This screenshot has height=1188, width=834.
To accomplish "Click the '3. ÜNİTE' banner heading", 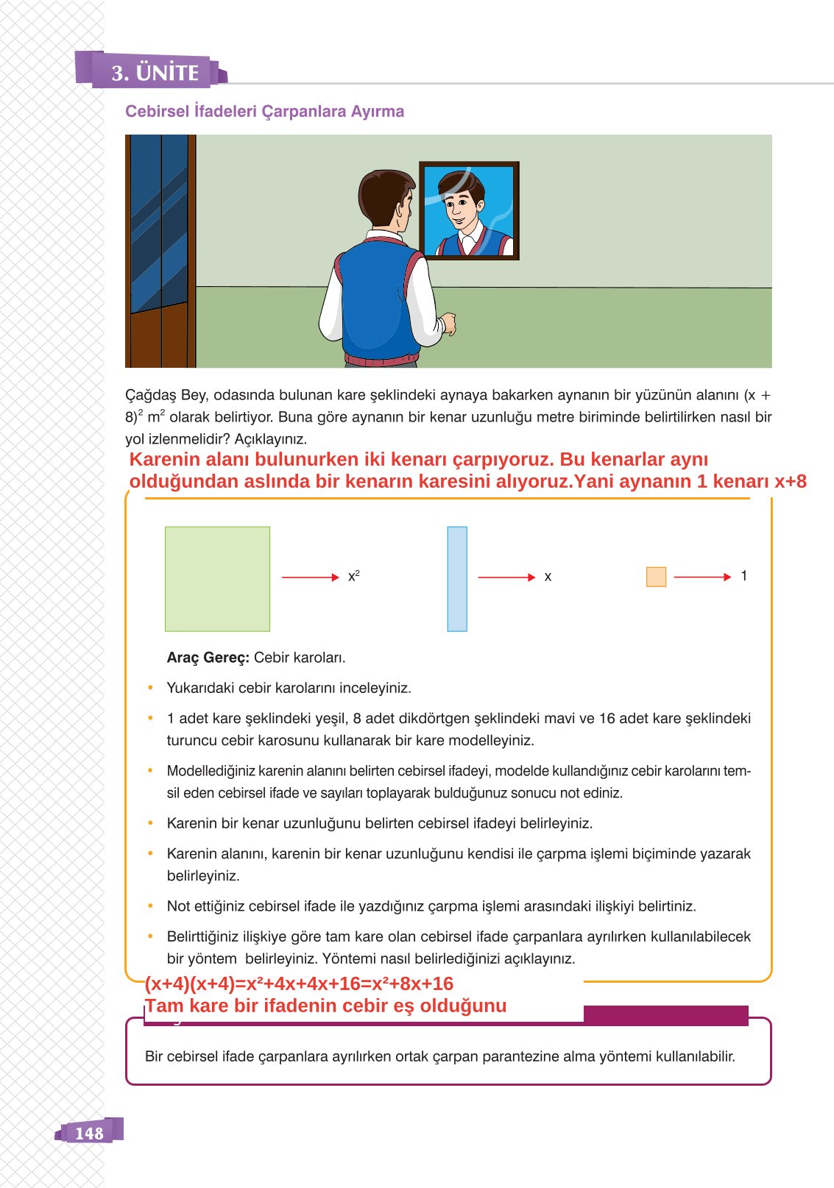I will coord(155,73).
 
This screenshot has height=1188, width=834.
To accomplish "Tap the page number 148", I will coord(89,1133).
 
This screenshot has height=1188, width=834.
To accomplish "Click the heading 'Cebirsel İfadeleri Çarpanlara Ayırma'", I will coord(264,112).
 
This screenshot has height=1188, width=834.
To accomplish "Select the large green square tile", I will coord(217,579).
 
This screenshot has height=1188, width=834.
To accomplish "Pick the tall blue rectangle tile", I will coord(457,579).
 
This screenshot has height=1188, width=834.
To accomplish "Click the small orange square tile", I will coord(656,577).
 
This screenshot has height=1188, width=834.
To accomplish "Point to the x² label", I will coord(353,577).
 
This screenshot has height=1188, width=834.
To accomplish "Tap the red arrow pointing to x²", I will coord(310,577).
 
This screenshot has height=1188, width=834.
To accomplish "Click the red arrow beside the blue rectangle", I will coord(506,577).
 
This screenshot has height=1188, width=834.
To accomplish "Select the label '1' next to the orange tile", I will coord(744,576).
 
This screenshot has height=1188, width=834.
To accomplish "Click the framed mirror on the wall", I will coord(469,210).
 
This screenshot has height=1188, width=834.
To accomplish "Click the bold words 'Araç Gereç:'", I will coord(208,658).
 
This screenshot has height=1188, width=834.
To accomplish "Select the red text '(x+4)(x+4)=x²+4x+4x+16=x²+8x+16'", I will coord(299,984).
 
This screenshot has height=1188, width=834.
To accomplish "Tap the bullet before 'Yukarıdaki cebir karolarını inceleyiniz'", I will coord(150,688).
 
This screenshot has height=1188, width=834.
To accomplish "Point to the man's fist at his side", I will coord(448,324).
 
